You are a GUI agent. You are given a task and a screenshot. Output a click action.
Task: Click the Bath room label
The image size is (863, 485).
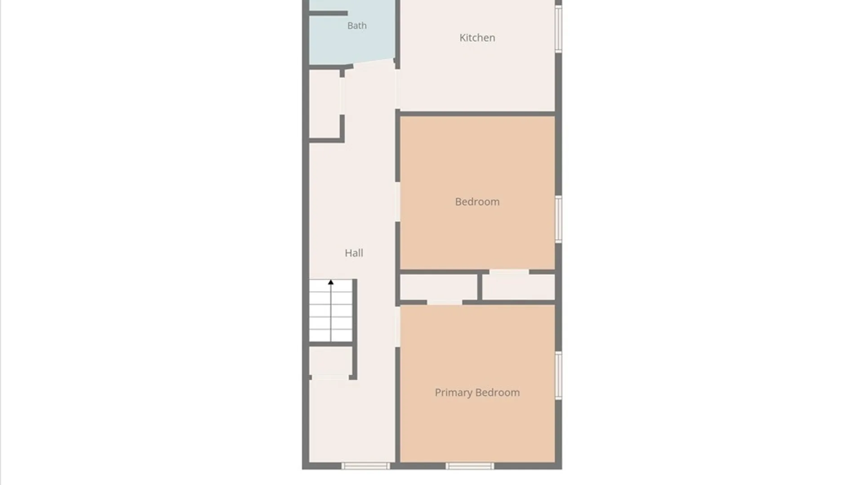[357, 26]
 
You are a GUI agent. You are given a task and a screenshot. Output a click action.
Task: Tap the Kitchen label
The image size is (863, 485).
[477, 38]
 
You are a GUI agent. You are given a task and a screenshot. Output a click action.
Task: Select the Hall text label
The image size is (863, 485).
[354, 253]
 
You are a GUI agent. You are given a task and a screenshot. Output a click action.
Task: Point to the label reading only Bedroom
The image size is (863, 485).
[477, 202]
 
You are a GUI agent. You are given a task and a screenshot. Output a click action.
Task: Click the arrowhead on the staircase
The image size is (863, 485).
[331, 282]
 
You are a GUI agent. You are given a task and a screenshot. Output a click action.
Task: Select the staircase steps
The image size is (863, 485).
[331, 310]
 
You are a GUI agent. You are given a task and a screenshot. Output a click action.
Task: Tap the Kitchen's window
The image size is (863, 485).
[559, 28]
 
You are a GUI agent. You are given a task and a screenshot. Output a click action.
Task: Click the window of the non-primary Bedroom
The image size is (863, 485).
[559, 219]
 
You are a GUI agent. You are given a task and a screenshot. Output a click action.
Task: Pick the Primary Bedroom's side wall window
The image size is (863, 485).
[559, 375]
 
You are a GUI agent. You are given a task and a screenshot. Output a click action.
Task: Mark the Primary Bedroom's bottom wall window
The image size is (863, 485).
[470, 466]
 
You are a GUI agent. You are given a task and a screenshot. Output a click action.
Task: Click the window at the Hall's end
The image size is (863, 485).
[365, 466]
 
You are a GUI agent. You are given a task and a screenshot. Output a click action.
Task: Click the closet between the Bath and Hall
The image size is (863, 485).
[325, 104]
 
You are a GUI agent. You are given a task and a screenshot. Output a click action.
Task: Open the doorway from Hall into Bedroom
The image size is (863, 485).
[398, 202]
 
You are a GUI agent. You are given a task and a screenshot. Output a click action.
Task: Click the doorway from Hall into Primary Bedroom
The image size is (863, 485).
[398, 326]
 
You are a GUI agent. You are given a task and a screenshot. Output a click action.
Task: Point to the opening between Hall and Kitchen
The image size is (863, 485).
[398, 89]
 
